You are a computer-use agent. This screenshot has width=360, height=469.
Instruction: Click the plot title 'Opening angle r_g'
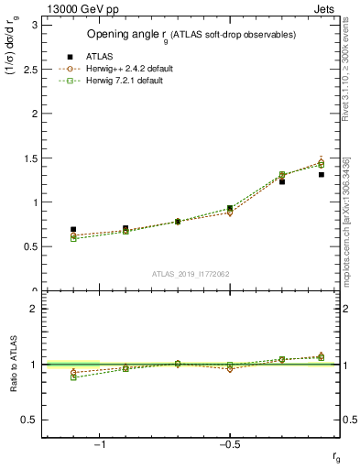(x=191, y=35)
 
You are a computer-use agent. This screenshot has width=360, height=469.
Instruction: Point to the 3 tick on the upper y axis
(x=33, y=25)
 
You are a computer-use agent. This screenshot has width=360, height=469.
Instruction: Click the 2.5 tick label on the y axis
(x=29, y=69)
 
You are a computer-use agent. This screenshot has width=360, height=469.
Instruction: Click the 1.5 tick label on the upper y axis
(x=29, y=158)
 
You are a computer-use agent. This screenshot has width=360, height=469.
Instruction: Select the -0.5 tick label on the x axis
(x=229, y=445)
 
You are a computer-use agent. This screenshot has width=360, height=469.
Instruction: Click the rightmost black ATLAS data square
(x=322, y=174)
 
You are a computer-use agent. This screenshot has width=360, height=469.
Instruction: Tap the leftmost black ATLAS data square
(x=73, y=229)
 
